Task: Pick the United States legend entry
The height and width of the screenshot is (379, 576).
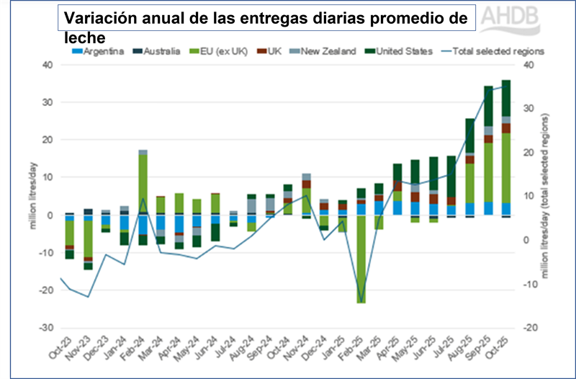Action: (x=401, y=51)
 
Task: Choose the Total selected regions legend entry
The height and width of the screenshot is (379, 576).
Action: (x=501, y=51)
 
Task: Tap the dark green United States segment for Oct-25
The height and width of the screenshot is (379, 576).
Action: (x=505, y=98)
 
